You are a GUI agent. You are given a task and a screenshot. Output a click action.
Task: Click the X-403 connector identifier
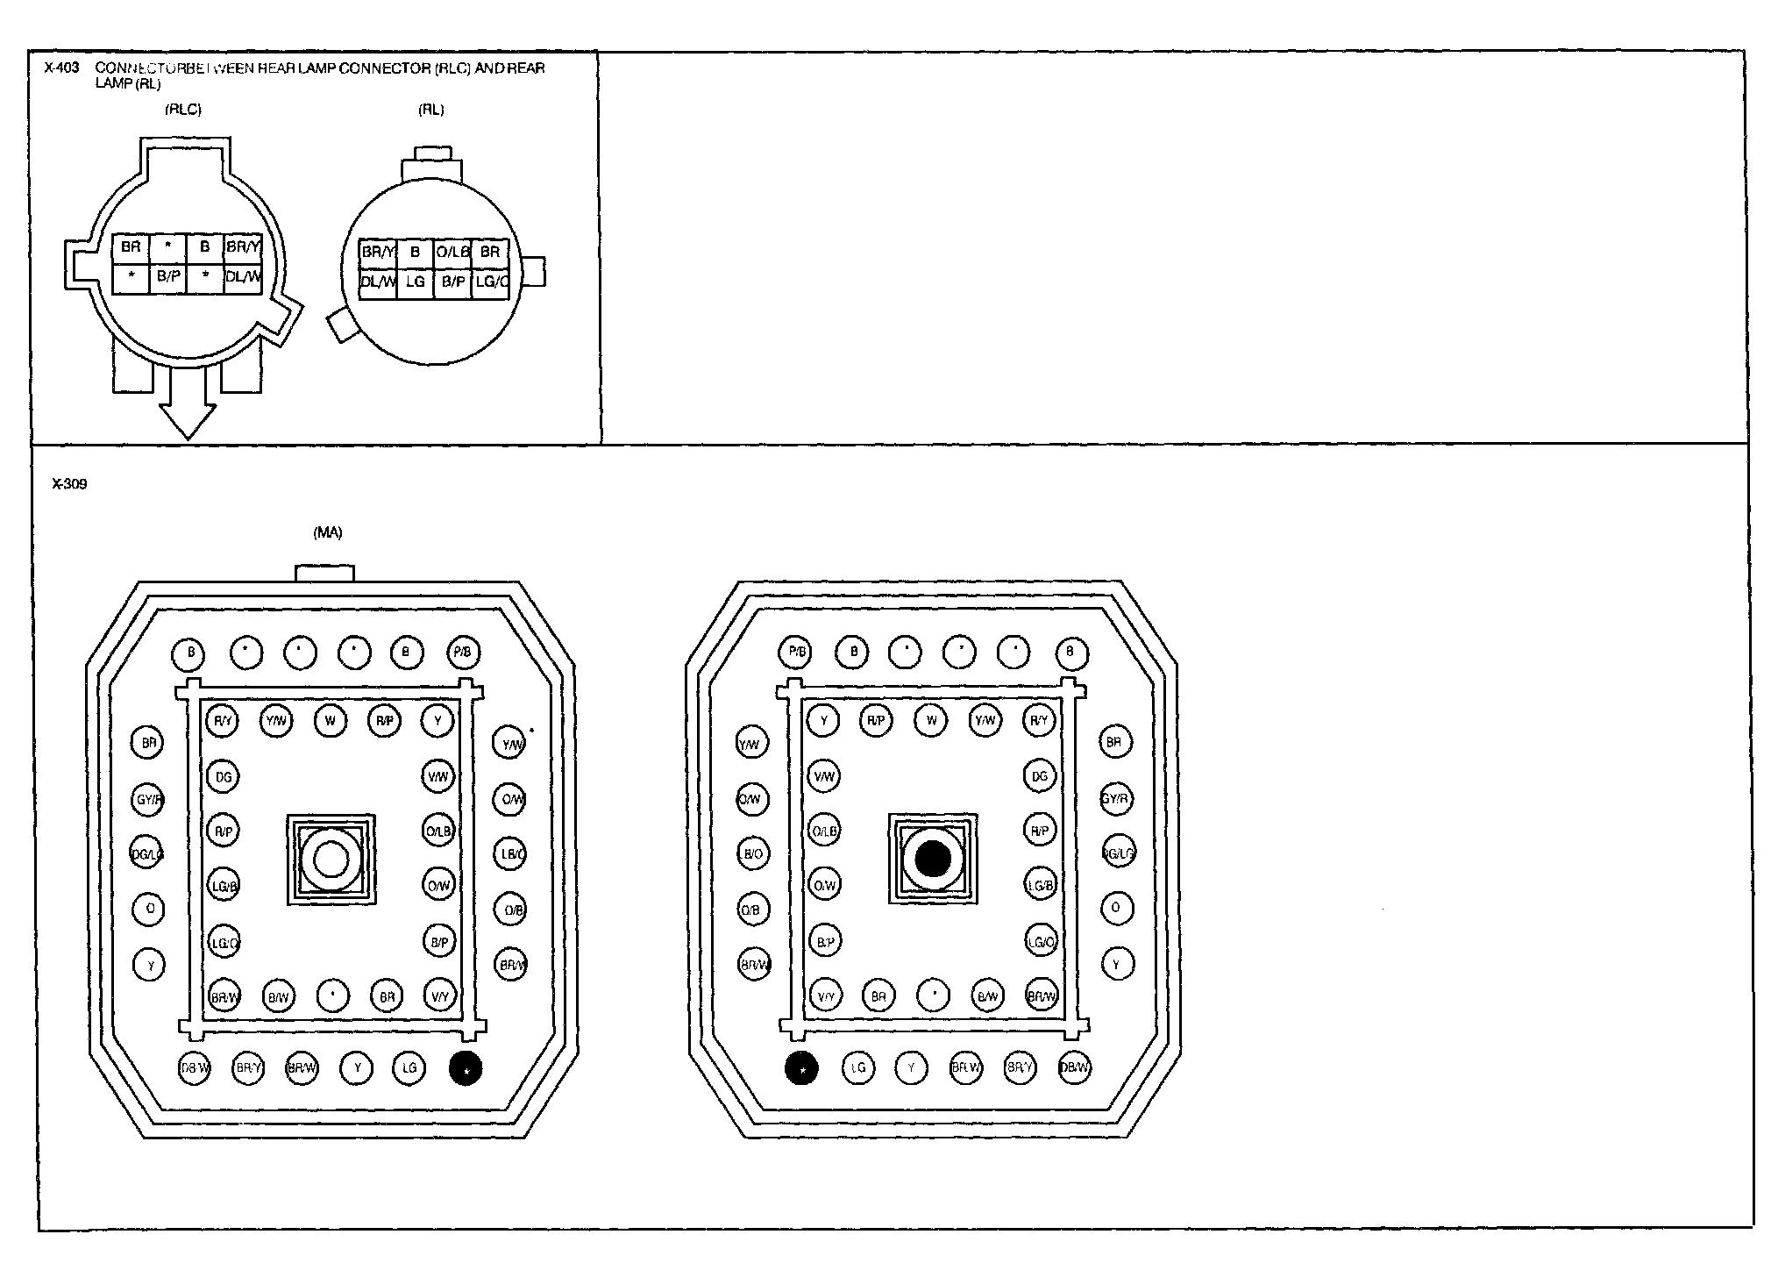60,68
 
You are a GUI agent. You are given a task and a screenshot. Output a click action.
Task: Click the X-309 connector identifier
69,484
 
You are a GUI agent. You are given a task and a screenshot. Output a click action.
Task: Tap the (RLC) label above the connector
182,110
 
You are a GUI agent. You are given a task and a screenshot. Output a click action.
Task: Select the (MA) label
328,532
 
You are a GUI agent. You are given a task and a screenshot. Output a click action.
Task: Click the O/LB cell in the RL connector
452,253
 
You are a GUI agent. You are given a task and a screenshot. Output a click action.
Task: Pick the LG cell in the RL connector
415,282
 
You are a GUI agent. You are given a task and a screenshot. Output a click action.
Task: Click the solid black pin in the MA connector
465,1068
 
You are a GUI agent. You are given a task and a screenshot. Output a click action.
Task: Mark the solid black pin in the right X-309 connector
801,1068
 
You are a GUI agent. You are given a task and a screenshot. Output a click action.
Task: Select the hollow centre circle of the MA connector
331,859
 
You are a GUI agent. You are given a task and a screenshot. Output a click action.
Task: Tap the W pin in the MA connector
331,721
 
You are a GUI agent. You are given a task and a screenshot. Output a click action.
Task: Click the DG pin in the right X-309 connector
1040,776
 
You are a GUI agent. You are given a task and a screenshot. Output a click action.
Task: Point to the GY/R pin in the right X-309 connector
1116,799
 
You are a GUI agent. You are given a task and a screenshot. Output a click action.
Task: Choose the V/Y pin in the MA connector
439,996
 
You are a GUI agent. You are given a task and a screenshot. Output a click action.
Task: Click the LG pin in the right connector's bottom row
858,1068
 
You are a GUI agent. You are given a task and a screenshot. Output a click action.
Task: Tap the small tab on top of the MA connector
325,573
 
